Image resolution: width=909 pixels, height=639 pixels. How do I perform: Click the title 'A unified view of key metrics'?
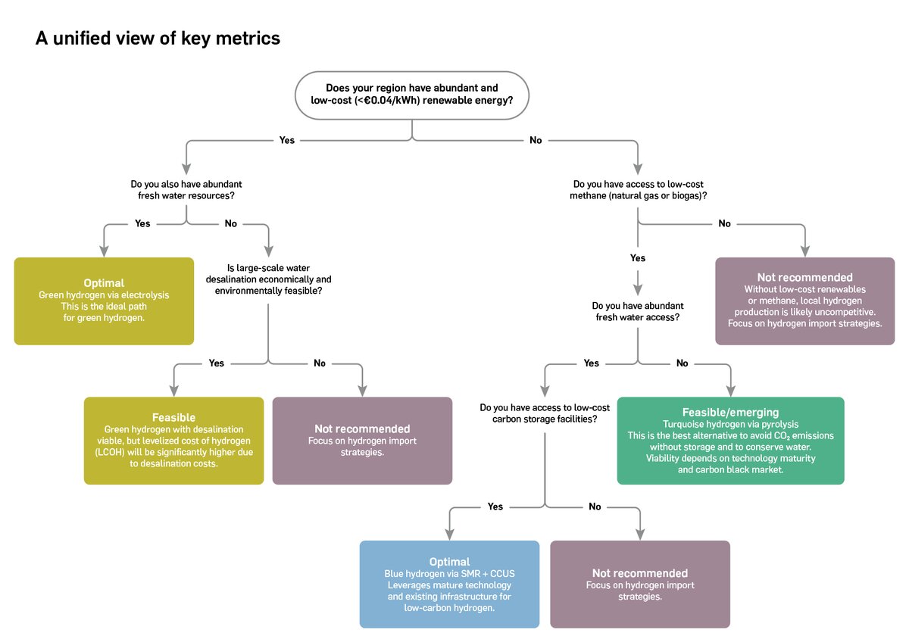click(158, 38)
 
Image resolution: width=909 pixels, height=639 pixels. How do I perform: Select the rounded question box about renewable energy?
click(412, 95)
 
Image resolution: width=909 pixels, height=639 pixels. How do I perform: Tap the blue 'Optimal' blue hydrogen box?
click(449, 584)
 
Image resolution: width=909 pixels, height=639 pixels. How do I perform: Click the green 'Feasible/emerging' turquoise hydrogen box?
click(730, 441)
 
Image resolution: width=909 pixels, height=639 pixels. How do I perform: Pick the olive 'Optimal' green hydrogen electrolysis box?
click(104, 301)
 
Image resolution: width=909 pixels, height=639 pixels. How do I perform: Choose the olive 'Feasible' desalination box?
click(173, 441)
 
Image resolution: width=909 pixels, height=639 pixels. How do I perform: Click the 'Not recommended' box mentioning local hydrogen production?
click(804, 301)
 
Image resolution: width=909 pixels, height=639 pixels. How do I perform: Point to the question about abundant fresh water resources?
click(186, 190)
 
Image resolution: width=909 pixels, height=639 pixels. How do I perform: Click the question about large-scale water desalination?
click(268, 279)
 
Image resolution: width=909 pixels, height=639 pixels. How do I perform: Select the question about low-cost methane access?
click(639, 190)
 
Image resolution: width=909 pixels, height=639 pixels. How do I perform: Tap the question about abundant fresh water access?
click(638, 312)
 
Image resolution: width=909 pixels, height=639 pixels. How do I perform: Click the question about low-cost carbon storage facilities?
click(545, 413)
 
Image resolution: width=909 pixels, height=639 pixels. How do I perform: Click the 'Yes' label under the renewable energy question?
click(287, 140)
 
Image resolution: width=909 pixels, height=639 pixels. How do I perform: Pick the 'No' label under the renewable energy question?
click(536, 140)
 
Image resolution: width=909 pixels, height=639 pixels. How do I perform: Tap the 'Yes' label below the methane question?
click(638, 258)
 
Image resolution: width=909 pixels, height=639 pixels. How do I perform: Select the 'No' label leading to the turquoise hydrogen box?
click(682, 363)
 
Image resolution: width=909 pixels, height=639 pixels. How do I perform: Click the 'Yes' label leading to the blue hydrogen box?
click(495, 507)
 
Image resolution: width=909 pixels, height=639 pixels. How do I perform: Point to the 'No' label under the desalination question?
click(320, 363)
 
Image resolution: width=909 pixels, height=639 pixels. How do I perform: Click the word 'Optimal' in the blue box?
click(449, 563)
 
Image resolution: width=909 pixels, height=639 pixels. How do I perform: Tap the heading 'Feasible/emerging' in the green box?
click(730, 413)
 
